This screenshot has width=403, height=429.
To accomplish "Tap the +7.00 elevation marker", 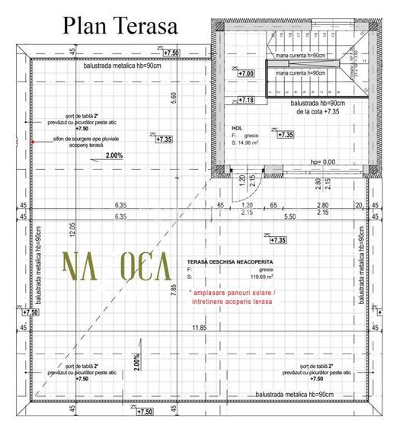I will (x=246, y=74).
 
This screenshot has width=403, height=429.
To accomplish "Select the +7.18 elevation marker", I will (x=246, y=100).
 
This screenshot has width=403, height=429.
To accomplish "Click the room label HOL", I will (x=237, y=128).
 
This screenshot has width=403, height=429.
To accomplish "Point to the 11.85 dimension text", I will (x=199, y=328).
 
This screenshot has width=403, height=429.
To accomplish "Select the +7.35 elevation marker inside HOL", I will (x=285, y=135).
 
